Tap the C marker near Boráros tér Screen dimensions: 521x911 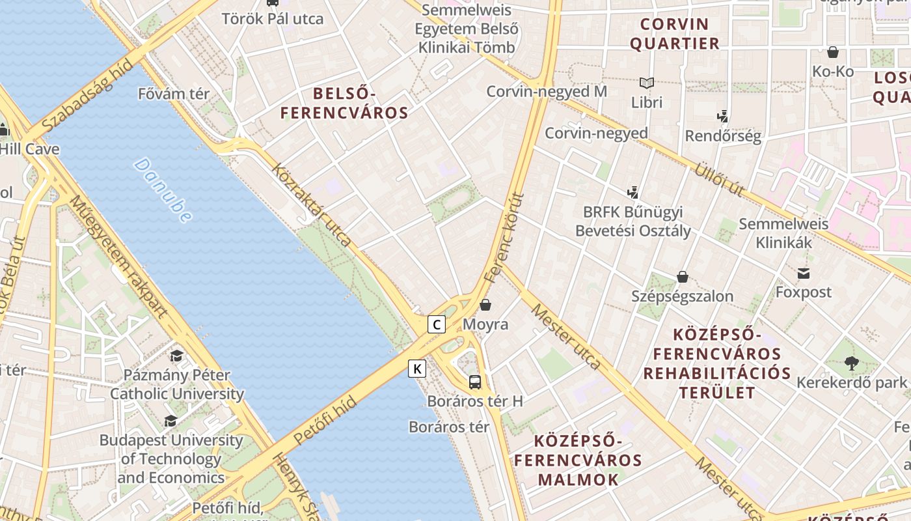point(437,324)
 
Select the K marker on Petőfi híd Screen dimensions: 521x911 point(417,369)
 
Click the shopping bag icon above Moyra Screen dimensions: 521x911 point(485,305)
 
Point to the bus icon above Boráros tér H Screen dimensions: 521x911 point(475,382)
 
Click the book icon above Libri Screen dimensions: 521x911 point(646,83)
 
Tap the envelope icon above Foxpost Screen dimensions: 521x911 point(804,274)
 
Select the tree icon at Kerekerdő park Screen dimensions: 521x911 point(851,363)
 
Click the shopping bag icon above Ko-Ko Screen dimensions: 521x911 point(832,53)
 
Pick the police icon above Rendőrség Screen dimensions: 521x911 point(722,117)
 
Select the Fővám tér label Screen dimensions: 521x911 point(174,94)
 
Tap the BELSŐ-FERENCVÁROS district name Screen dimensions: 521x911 point(344,103)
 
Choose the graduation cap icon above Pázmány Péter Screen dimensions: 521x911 point(176,356)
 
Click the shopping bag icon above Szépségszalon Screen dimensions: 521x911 point(682,277)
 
